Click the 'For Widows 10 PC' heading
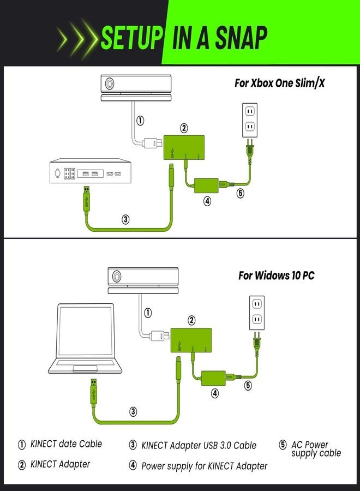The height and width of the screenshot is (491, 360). pyautogui.click(x=276, y=276)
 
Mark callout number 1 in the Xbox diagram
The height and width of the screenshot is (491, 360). pyautogui.click(x=140, y=121)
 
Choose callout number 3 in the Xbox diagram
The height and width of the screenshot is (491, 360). pyautogui.click(x=126, y=219)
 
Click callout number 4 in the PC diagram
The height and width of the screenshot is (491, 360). pyautogui.click(x=215, y=392)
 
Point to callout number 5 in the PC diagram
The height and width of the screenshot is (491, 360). pyautogui.click(x=248, y=386)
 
